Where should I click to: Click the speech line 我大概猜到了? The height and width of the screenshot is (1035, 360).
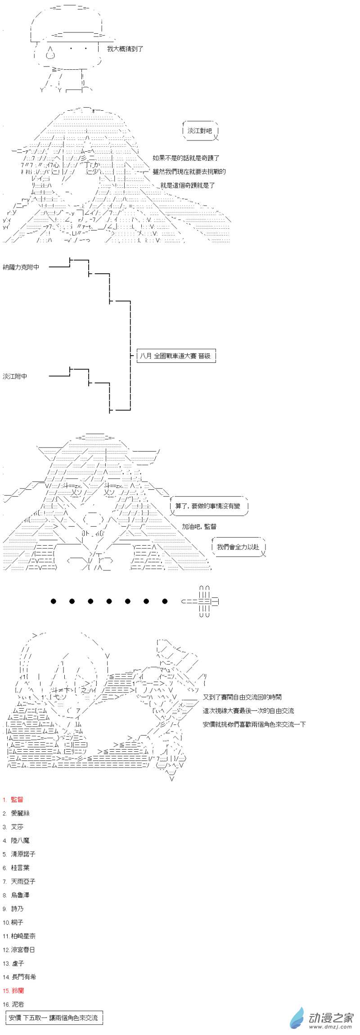pyautogui.click(x=125, y=49)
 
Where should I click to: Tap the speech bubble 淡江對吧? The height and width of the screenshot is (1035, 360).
pyautogui.click(x=199, y=131)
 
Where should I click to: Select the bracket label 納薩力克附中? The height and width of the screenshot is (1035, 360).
pyautogui.click(x=21, y=267)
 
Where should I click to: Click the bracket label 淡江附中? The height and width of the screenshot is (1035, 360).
pyautogui.click(x=15, y=376)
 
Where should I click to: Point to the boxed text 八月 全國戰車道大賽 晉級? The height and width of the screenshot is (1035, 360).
pyautogui.click(x=175, y=356)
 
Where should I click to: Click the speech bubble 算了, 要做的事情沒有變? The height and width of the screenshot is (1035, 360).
pyautogui.click(x=207, y=506)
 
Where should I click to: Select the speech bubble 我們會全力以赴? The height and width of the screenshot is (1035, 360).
pyautogui.click(x=238, y=547)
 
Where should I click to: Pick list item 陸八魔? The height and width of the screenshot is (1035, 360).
pyautogui.click(x=20, y=840)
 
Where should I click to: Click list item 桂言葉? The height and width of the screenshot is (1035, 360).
pyautogui.click(x=20, y=868)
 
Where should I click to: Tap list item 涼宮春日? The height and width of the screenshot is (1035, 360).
pyautogui.click(x=22, y=949)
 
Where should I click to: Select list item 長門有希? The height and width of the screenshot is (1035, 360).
pyautogui.click(x=23, y=976)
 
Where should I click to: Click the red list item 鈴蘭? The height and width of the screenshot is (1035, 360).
pyautogui.click(x=17, y=990)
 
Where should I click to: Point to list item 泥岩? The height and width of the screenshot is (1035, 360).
pyautogui.click(x=17, y=1004)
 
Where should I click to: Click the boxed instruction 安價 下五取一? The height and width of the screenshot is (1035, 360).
pyautogui.click(x=53, y=1017)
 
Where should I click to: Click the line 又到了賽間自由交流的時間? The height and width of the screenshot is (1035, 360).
pyautogui.click(x=242, y=697)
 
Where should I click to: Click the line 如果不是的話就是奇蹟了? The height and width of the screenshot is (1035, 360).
pyautogui.click(x=186, y=158)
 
